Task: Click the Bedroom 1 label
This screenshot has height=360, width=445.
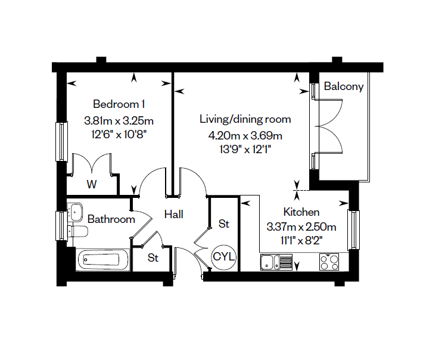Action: [x=119, y=104]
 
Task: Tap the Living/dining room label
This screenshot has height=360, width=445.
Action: [x=245, y=119]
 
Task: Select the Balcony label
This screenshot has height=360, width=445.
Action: [x=344, y=86]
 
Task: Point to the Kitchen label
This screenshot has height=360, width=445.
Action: [x=301, y=212]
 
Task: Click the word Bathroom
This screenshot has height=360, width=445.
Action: [x=111, y=219]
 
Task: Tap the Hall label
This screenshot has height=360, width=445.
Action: [x=174, y=214]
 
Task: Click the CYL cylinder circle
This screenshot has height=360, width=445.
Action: [x=224, y=257]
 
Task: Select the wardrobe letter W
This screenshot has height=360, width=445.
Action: [x=91, y=184]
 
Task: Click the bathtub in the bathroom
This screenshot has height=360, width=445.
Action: [x=102, y=259]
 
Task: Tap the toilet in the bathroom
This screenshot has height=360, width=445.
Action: [x=78, y=231]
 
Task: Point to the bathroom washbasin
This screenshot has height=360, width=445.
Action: [x=75, y=212]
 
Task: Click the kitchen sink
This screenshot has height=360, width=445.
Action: [x=276, y=262]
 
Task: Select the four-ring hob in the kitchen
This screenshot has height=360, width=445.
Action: [x=329, y=262]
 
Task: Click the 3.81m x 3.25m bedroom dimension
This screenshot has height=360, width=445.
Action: [x=119, y=121]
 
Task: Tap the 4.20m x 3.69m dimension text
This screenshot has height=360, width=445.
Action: [x=245, y=136]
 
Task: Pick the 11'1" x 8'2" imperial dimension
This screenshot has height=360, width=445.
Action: [x=301, y=241]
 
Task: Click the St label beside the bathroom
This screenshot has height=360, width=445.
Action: [x=153, y=258]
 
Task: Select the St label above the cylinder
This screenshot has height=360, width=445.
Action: [x=223, y=224]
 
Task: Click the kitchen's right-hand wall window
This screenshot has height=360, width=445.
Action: [x=354, y=229]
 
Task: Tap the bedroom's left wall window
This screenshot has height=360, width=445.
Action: [x=61, y=141]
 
